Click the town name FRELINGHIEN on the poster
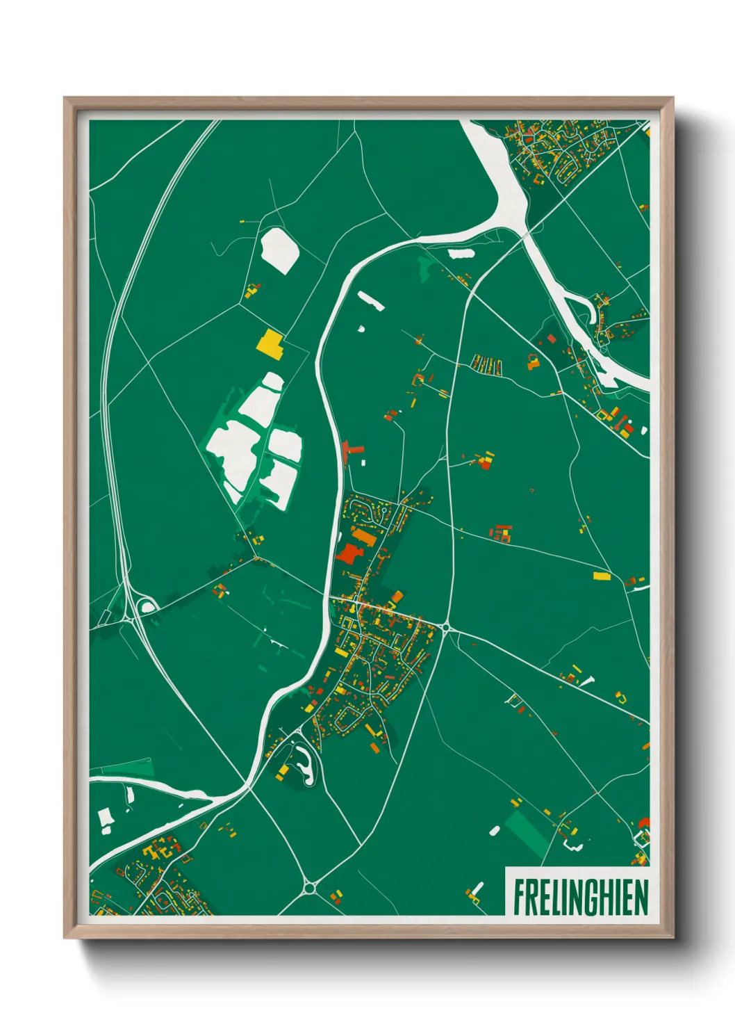coord(580,897)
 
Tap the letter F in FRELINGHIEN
coord(518,897)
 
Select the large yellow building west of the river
coord(270,343)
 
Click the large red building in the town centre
coord(349,554)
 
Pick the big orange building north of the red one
coord(365,537)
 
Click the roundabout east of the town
coord(445,629)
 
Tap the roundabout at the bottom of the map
coord(310,887)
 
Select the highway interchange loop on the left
coord(147,606)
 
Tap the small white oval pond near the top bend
coord(461,254)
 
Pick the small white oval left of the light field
coord(495,830)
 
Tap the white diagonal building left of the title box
coord(477,889)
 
